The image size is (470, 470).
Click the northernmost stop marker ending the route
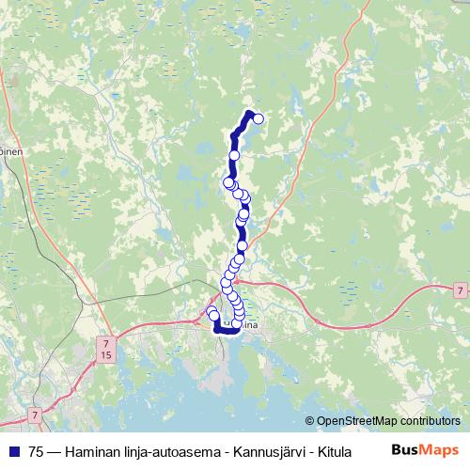click(258, 118)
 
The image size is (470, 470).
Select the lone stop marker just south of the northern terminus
click(235, 155)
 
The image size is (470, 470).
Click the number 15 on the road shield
click(106, 357)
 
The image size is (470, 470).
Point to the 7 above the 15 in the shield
click(106, 345)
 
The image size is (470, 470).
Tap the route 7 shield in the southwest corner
click(34, 414)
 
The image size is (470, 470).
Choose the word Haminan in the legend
click(93, 451)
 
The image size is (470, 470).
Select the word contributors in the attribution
click(431, 421)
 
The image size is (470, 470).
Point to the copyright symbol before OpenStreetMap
click(310, 421)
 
